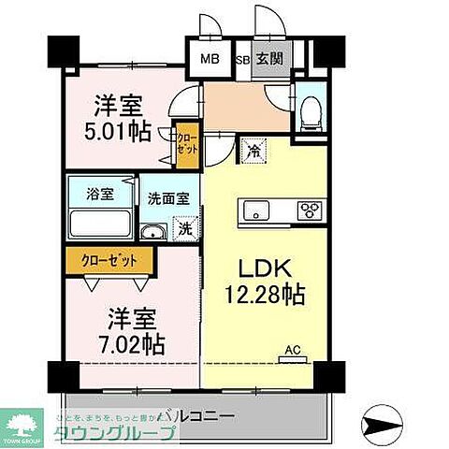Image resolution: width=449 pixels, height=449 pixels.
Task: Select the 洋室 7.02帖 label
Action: click(x=119, y=330)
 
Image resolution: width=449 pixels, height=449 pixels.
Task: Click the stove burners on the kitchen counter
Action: click(x=310, y=210)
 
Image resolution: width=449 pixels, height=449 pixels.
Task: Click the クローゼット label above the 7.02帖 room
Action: click(x=104, y=261)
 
